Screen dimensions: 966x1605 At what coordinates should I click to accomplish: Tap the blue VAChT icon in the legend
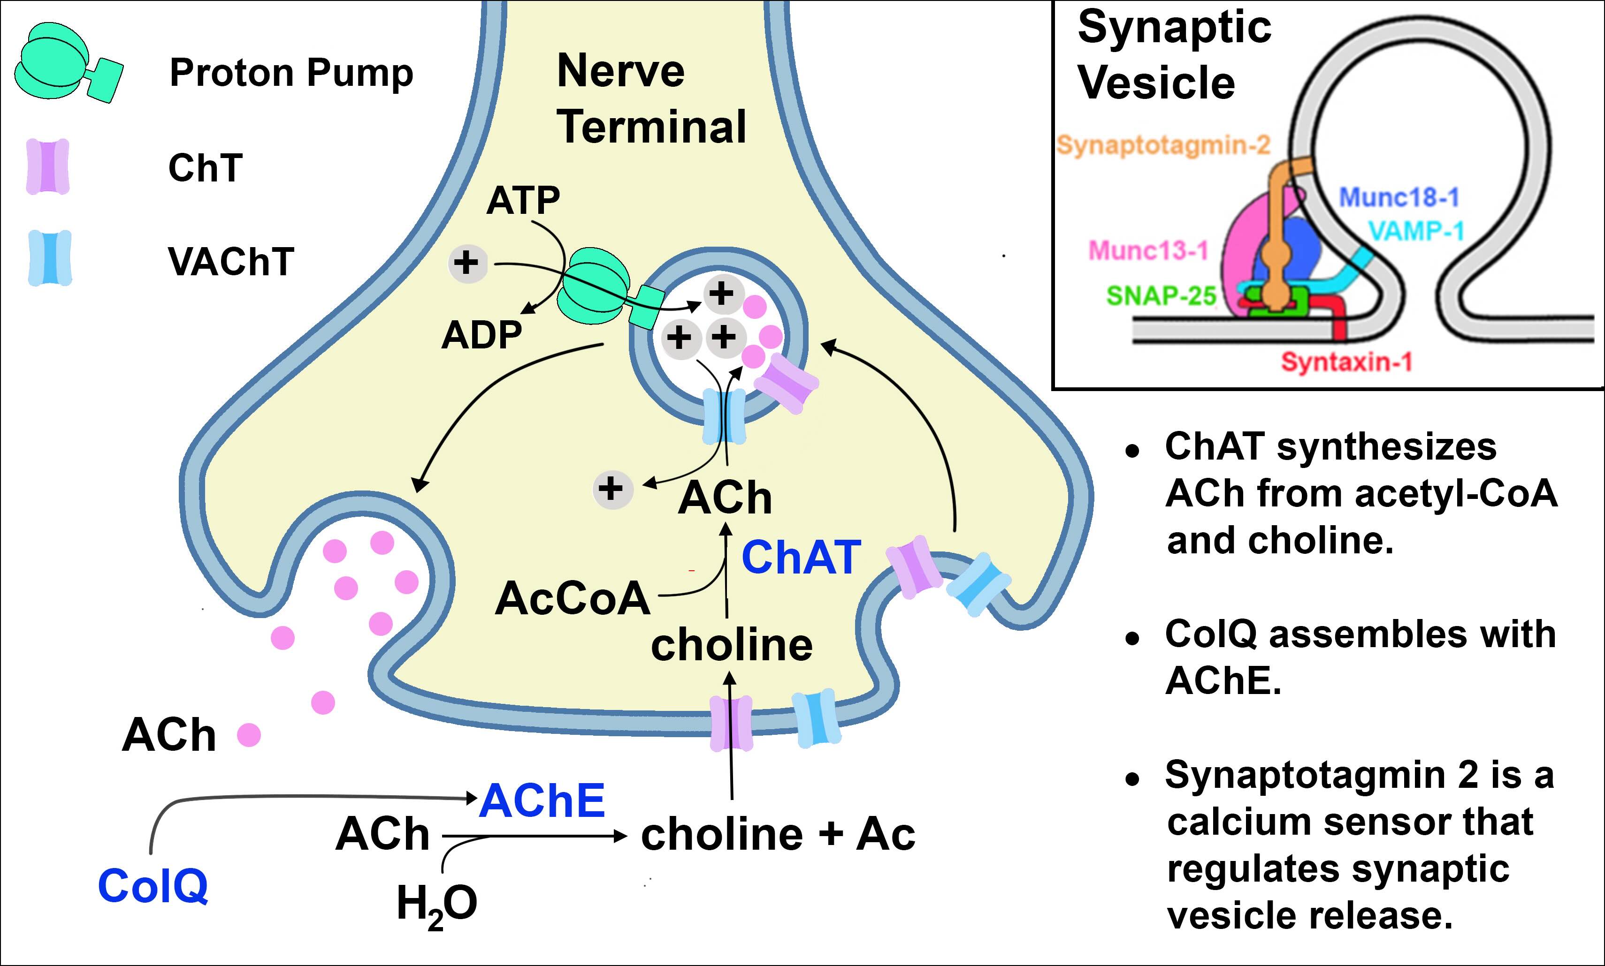coord(49,258)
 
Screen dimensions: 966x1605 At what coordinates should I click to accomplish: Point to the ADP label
coord(481,335)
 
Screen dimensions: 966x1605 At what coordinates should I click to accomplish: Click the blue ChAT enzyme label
coord(801,558)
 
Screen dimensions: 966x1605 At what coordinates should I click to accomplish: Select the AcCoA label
coord(573,598)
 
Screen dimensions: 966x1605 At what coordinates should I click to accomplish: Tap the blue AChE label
coord(542,800)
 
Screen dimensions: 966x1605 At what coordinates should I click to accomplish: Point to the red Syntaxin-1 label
coord(1346,361)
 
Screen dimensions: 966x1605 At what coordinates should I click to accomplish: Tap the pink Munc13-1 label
coord(1148,250)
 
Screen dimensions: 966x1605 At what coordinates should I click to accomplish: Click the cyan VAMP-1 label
coord(1416,231)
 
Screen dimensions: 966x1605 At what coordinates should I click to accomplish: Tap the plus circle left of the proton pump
coord(466,263)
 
